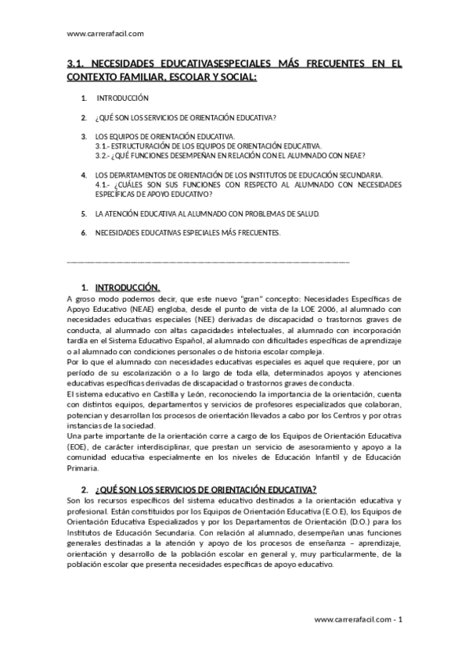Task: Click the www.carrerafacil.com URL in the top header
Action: click(106, 34)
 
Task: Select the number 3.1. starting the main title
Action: click(76, 66)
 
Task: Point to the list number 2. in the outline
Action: click(84, 117)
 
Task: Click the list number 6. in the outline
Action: click(84, 232)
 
